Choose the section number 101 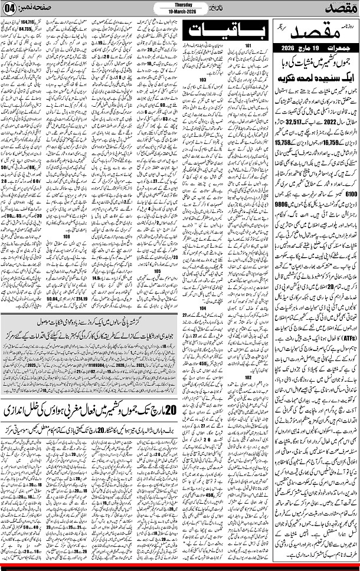click(248, 46)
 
